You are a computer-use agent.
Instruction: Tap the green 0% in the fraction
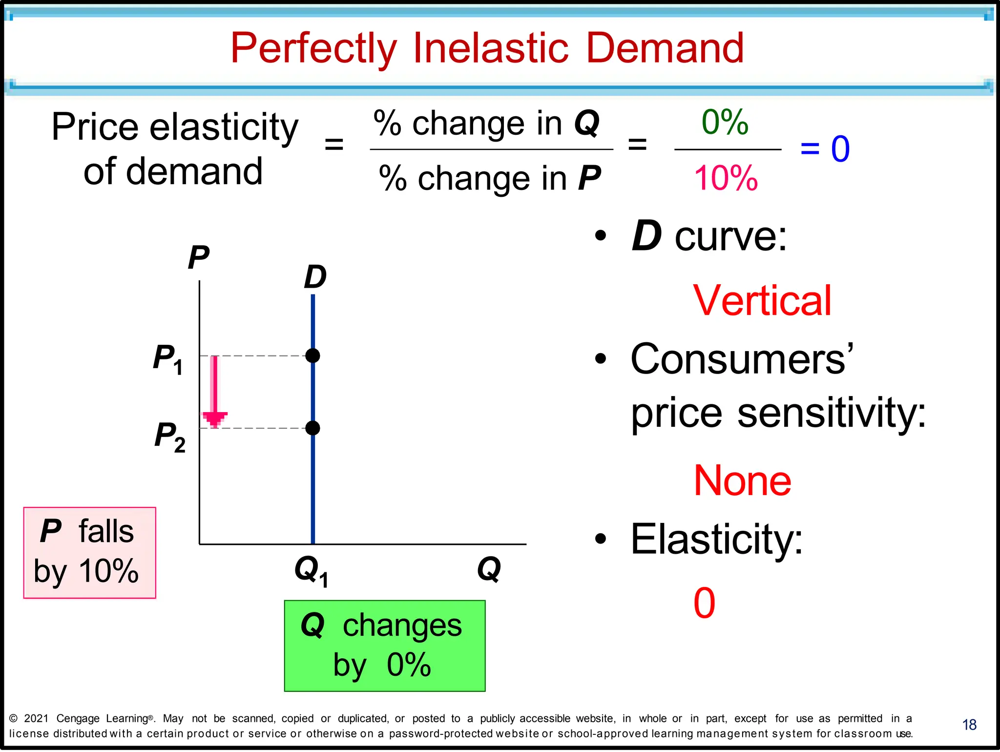click(x=725, y=122)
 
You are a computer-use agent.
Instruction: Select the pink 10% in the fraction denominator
click(x=726, y=178)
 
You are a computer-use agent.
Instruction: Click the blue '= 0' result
click(x=825, y=149)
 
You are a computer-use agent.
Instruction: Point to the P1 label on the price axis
click(x=167, y=358)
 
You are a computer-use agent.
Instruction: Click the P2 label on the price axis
click(x=169, y=436)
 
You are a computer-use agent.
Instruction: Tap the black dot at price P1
click(x=312, y=355)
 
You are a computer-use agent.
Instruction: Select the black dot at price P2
click(x=312, y=428)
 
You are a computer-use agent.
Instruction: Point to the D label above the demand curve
click(x=315, y=277)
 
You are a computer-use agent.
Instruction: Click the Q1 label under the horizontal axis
click(x=311, y=571)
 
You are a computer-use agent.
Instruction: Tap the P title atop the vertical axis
click(x=198, y=257)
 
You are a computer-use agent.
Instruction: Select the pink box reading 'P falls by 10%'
click(x=90, y=552)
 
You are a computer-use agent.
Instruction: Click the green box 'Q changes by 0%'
click(x=385, y=646)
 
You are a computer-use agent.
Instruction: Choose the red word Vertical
click(x=762, y=301)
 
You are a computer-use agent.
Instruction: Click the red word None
click(x=742, y=481)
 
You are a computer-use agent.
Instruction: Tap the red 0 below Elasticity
click(x=704, y=604)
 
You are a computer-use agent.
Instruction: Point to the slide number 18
click(x=969, y=725)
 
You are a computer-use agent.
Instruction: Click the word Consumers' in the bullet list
click(x=742, y=359)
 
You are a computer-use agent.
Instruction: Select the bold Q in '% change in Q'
click(x=586, y=123)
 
